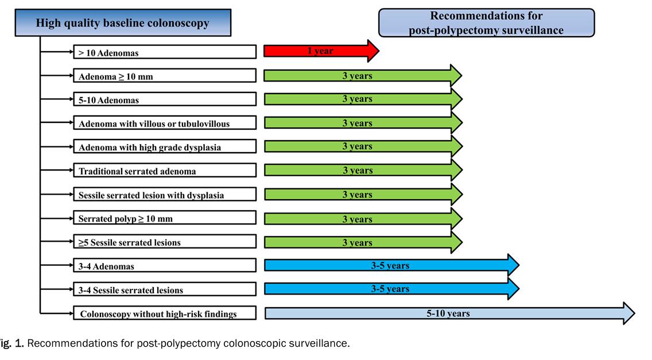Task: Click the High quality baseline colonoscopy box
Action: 123,22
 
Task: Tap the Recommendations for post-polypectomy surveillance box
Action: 486,23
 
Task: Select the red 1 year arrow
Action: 321,51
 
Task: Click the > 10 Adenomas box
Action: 165,52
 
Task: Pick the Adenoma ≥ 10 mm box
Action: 165,76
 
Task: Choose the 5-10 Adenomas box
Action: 165,99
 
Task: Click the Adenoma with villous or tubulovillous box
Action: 165,123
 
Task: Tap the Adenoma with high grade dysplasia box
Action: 165,146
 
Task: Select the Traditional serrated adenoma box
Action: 165,170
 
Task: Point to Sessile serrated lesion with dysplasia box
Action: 165,195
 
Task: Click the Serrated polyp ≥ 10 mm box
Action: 165,218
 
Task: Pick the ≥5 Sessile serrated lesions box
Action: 165,242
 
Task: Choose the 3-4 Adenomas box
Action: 165,265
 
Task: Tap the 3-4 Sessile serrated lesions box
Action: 165,289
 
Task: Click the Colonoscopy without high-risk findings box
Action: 165,313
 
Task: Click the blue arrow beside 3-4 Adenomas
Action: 391,265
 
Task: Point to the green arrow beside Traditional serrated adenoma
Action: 363,170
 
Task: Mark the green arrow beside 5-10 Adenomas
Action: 363,99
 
